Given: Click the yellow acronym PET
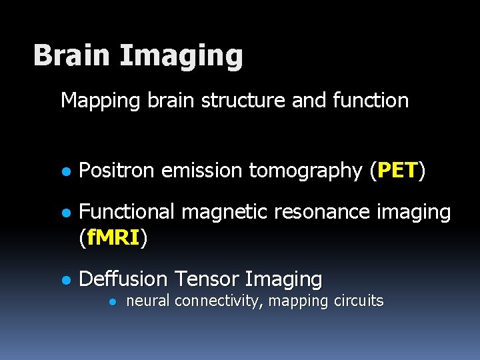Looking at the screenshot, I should [x=397, y=171].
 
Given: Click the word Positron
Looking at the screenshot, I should [x=117, y=171].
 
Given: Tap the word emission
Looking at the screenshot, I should [x=203, y=171].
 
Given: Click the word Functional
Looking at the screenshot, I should [x=126, y=212].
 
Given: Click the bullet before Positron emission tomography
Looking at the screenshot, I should [x=65, y=171].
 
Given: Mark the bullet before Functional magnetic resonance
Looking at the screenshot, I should [x=65, y=213].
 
